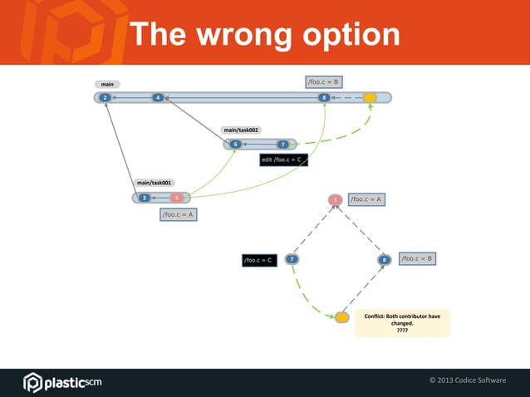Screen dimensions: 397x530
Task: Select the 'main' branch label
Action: pyautogui.click(x=107, y=84)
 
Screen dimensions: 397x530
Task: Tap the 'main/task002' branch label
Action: pyautogui.click(x=242, y=130)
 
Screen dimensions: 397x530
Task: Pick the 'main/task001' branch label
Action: pyautogui.click(x=155, y=182)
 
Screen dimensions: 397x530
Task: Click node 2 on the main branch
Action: pyautogui.click(x=105, y=98)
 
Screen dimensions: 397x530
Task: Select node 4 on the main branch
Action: pyautogui.click(x=157, y=98)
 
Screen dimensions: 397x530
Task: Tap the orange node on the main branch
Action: pyautogui.click(x=370, y=98)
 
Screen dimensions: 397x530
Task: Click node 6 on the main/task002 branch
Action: pyautogui.click(x=235, y=145)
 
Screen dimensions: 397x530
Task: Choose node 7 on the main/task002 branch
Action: pyautogui.click(x=282, y=145)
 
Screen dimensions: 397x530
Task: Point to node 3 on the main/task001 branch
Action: pyautogui.click(x=144, y=198)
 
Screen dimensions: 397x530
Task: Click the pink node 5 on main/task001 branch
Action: pyautogui.click(x=176, y=198)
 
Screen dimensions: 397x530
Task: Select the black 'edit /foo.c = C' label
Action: pyautogui.click(x=283, y=159)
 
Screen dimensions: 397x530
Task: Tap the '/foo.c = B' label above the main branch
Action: pyautogui.click(x=323, y=81)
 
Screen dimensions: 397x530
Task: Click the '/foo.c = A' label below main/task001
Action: pyautogui.click(x=178, y=214)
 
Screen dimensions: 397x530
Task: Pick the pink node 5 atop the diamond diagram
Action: pyautogui.click(x=335, y=199)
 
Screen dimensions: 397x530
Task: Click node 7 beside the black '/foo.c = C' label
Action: pyautogui.click(x=292, y=260)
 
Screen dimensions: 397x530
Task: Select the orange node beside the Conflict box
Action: pyautogui.click(x=341, y=317)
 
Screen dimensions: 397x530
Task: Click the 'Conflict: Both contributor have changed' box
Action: pyautogui.click(x=402, y=323)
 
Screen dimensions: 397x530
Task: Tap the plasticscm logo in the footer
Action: pyautogui.click(x=62, y=381)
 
